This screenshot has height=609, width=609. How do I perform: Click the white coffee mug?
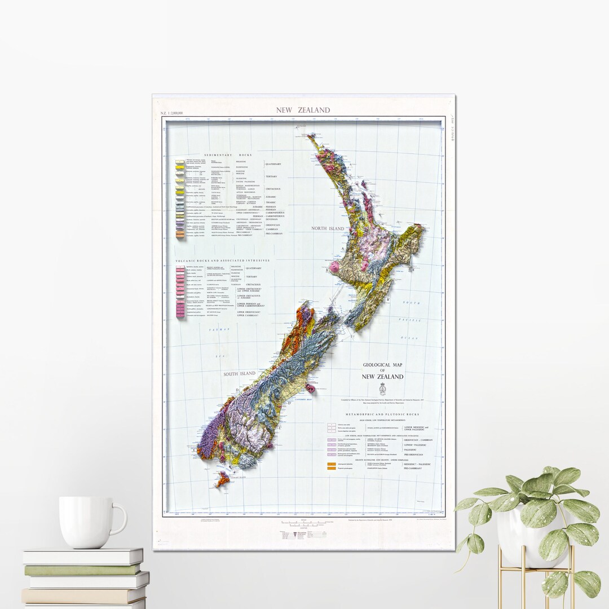[90, 522]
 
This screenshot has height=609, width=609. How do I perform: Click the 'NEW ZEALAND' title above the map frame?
[303, 110]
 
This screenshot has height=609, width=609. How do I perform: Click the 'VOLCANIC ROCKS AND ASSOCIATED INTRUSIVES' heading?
[223, 261]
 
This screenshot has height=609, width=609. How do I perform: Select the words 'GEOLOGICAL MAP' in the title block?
[383, 365]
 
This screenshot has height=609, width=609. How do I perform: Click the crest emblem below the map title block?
[383, 389]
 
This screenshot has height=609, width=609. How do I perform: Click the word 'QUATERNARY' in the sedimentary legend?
[273, 164]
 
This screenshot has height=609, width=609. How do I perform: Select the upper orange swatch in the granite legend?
[330, 464]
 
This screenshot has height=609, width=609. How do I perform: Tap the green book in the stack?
[83, 570]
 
